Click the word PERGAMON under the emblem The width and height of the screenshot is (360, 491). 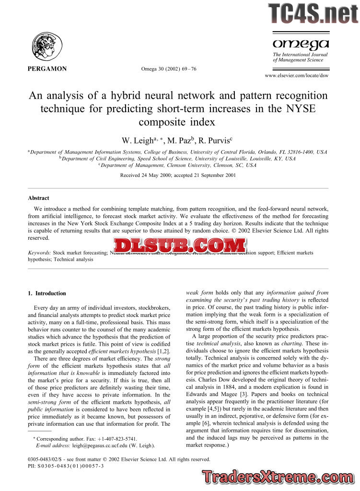point(47,69)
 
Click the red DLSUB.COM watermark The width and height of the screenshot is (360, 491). point(180,246)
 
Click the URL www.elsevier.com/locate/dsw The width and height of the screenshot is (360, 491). point(297,76)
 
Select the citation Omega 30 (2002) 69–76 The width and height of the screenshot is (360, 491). point(168,69)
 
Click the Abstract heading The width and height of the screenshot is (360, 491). point(38,198)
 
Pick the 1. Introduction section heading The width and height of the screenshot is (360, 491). point(47,293)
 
